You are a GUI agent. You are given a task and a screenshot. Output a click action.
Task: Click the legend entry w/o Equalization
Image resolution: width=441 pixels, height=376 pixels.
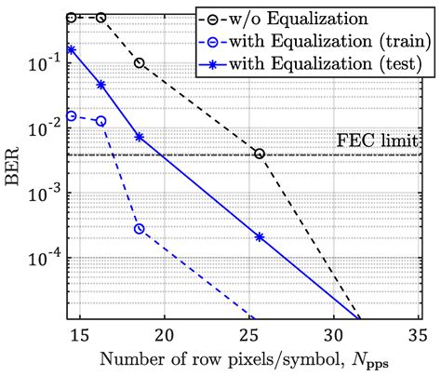coord(314,17)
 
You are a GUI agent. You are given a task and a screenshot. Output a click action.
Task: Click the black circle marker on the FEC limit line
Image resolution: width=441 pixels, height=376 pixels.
coord(260,154)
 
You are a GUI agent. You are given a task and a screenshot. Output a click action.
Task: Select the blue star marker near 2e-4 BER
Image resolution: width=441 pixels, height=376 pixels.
coord(260,237)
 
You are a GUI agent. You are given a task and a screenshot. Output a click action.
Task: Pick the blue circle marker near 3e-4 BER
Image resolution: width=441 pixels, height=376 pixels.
coord(140,229)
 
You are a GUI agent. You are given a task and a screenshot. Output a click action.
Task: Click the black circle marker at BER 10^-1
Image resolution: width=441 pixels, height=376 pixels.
coord(140,63)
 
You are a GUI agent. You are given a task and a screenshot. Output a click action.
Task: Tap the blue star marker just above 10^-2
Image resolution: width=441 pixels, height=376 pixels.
coord(140,137)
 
